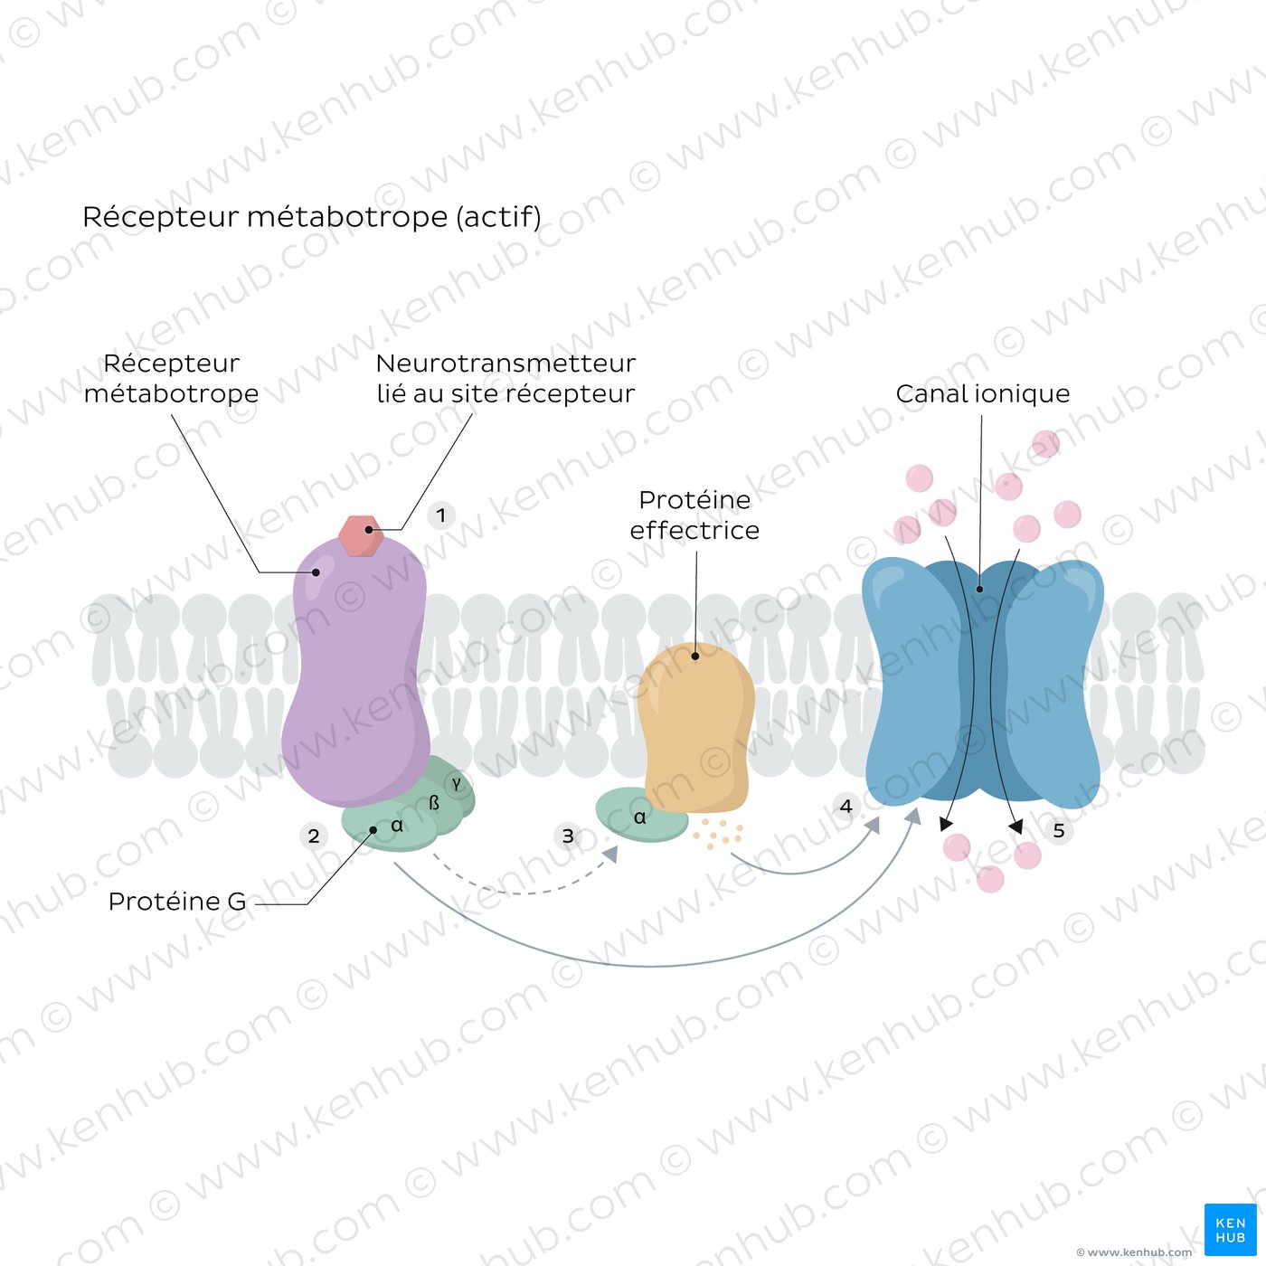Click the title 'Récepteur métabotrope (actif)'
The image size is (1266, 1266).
point(311,217)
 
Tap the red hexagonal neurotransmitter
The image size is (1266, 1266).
point(362,536)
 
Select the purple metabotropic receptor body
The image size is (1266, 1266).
point(355,670)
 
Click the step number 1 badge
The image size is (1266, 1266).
point(440,515)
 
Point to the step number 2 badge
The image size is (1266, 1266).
point(314,836)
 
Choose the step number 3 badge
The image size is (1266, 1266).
point(568,836)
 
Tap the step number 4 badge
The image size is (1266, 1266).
point(846,806)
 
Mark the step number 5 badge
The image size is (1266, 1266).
point(1058,830)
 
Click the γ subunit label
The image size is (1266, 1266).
point(456,782)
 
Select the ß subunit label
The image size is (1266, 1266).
point(434,803)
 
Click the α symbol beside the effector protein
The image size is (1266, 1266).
point(640,817)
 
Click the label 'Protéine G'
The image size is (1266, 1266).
point(176,902)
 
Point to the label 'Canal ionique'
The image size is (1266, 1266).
point(982,393)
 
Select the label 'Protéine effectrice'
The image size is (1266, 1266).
point(694,515)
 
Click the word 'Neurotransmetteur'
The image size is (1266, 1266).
point(505,364)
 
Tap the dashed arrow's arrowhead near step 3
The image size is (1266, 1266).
point(611,854)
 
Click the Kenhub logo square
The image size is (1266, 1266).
point(1231,1230)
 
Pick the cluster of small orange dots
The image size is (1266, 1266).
point(718,833)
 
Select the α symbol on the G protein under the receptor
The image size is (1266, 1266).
point(397,826)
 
